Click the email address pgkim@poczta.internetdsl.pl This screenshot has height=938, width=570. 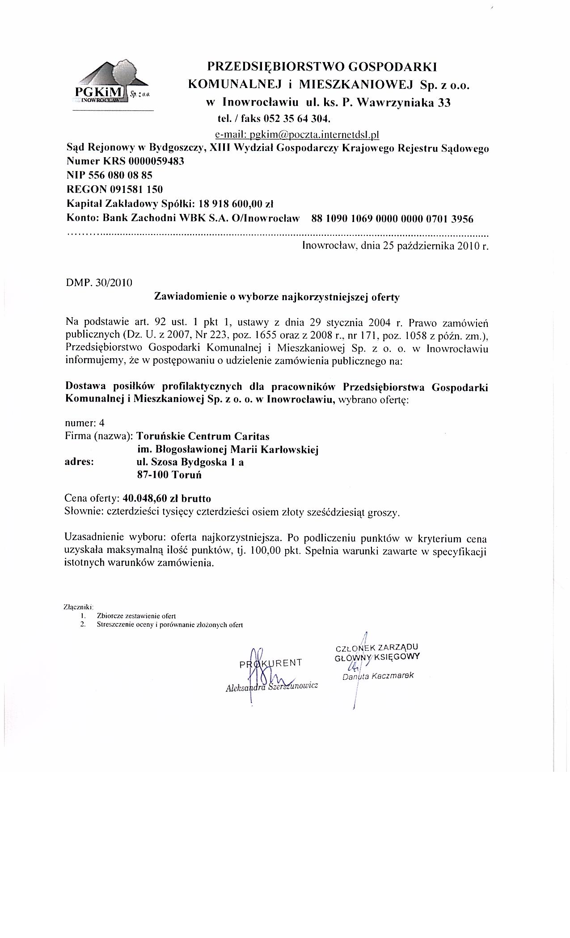pyautogui.click(x=297, y=134)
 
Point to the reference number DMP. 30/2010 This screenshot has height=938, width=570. pyautogui.click(x=99, y=283)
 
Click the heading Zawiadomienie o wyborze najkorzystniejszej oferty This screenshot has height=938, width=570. pyautogui.click(x=277, y=297)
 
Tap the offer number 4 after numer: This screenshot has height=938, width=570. pyautogui.click(x=102, y=423)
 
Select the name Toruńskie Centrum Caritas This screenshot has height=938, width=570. pyautogui.click(x=203, y=435)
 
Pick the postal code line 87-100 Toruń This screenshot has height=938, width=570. pyautogui.click(x=169, y=475)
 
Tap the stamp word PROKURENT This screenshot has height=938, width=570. pyautogui.click(x=271, y=662)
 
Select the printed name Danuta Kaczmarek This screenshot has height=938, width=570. pyautogui.click(x=378, y=676)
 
